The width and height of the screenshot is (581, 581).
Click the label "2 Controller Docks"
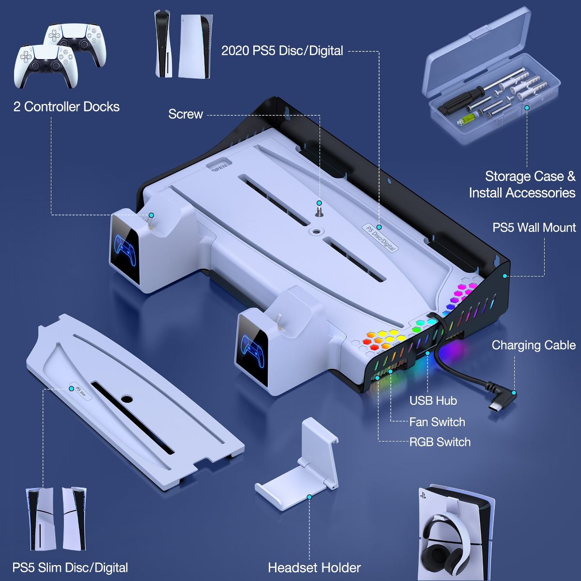(x=66, y=107)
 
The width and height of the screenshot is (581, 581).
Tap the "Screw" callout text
(x=185, y=114)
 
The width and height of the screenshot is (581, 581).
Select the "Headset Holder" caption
(x=314, y=568)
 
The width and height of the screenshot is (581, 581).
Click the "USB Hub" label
(x=433, y=400)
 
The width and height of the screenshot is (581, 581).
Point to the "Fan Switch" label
(x=437, y=422)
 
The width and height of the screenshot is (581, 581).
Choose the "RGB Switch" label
(x=440, y=442)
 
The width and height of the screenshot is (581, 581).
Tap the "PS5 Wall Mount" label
(x=534, y=228)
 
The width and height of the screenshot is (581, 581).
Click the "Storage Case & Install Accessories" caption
(x=522, y=184)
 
